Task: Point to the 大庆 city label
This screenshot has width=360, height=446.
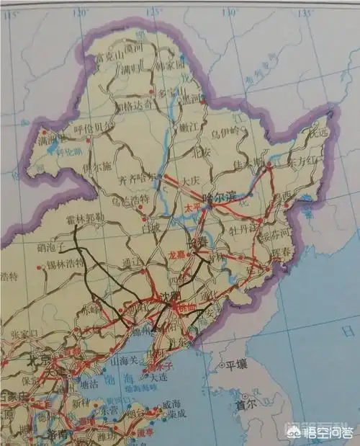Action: click(190, 181)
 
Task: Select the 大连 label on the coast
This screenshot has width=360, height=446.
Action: click(158, 377)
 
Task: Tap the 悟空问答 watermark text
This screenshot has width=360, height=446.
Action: click(328, 432)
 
